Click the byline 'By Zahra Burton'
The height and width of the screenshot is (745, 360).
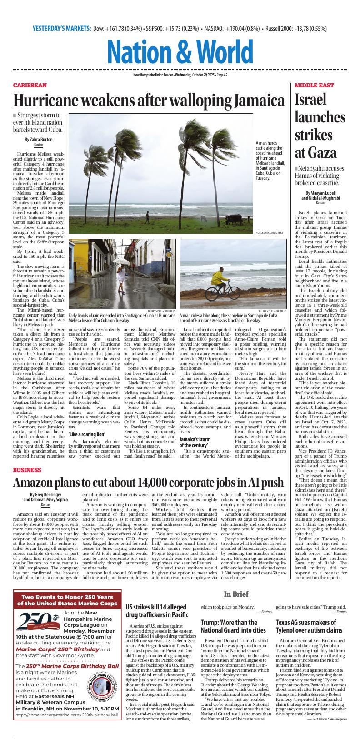(x=39, y=139)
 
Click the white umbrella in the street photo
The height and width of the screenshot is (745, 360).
(x=123, y=262)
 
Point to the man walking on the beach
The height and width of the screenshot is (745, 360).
(x=147, y=216)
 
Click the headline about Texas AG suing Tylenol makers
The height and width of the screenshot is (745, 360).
(x=309, y=626)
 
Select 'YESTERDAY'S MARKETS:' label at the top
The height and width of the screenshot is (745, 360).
(x=62, y=29)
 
